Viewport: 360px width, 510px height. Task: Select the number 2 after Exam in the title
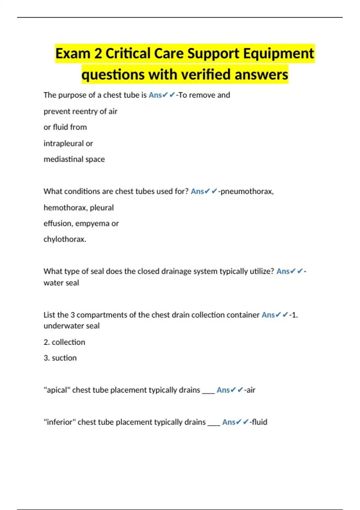98,54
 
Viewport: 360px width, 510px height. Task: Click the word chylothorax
65,239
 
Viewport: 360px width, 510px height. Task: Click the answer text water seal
61,283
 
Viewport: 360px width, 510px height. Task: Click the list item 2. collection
64,342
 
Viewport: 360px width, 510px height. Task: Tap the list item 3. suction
60,358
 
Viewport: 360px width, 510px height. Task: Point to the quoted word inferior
60,422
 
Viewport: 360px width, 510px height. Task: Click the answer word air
251,390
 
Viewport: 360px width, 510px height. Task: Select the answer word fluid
259,422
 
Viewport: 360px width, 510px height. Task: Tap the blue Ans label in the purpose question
155,95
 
